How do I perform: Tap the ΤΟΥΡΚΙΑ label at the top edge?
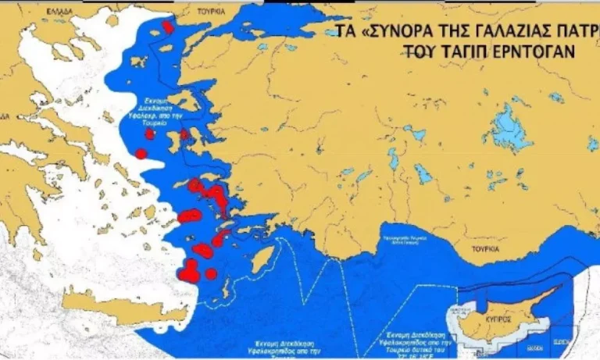(210, 12)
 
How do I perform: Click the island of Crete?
(125, 307)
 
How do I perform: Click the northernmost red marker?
(168, 27)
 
